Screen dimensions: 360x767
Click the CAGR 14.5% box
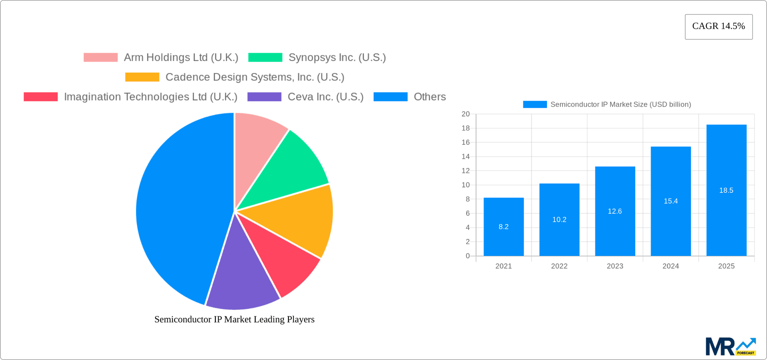tap(718, 26)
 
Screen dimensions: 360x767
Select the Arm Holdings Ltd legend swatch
tap(101, 58)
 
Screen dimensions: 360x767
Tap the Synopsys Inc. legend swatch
tap(265, 58)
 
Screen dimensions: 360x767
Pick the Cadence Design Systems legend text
tap(254, 77)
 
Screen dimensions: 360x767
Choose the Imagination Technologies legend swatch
tap(41, 97)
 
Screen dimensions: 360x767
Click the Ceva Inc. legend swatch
tap(264, 97)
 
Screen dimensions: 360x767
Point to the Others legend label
tap(429, 97)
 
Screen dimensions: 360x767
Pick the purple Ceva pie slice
tap(242, 280)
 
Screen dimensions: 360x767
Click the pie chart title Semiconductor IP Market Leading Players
tap(234, 319)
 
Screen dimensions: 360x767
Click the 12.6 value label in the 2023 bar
tap(615, 211)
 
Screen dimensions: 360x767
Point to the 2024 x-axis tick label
tap(670, 266)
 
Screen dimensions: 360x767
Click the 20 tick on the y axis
tap(466, 114)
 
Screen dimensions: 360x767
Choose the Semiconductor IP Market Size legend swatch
tap(535, 104)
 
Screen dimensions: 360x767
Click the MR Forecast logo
tap(730, 346)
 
